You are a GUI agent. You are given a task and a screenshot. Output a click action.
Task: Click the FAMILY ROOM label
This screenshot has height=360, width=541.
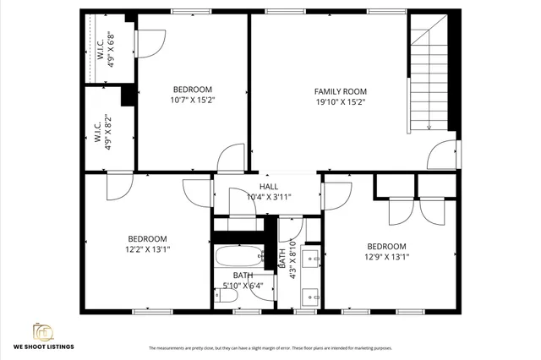coord(340,91)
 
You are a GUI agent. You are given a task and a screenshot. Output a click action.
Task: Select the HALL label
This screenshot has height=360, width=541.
coord(268,187)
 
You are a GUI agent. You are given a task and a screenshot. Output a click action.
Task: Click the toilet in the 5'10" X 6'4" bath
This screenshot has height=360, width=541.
coord(227,294)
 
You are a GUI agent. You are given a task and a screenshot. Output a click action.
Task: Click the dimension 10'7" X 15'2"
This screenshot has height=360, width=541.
coord(193,101)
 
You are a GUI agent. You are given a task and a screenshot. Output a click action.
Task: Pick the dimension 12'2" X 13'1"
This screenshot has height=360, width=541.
coord(147,249)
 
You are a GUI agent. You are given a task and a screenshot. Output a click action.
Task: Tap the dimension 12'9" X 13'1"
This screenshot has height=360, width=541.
coord(386,258)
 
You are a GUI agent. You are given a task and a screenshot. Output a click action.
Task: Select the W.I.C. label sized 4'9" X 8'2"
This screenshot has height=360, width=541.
coord(102,133)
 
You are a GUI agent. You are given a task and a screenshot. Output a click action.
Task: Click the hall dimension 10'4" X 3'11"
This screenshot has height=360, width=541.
coord(269,197)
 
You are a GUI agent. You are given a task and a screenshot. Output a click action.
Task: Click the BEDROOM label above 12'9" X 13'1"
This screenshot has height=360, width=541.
coord(386,247)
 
